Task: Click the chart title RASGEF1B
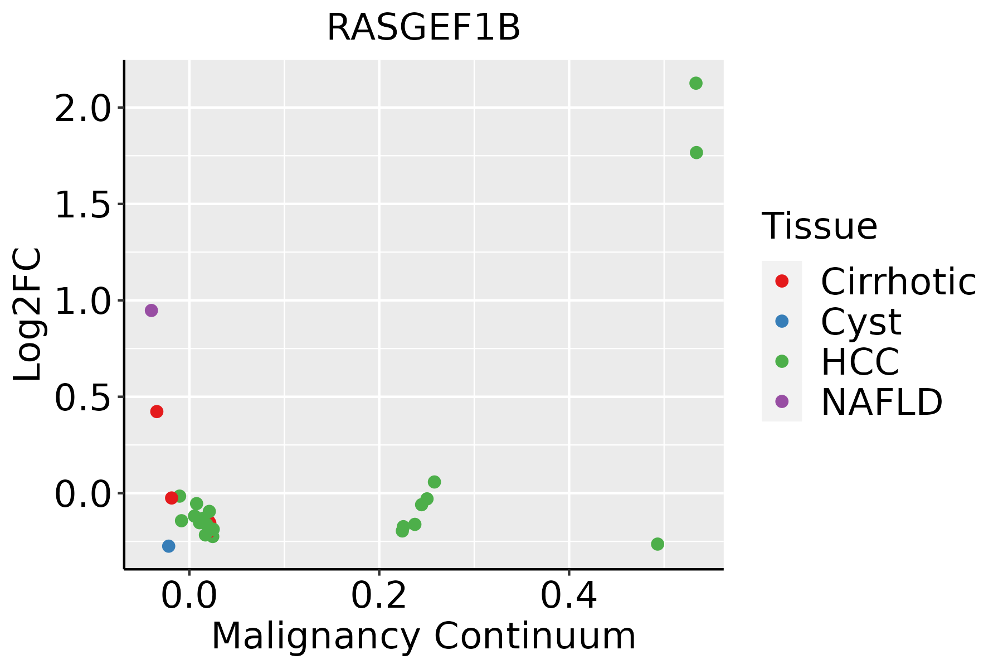pyautogui.click(x=423, y=28)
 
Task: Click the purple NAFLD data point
pyautogui.click(x=151, y=311)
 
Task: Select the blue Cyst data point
pyautogui.click(x=169, y=546)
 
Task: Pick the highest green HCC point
pyautogui.click(x=695, y=84)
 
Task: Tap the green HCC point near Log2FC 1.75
pyautogui.click(x=696, y=153)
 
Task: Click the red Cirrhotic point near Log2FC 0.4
pyautogui.click(x=157, y=411)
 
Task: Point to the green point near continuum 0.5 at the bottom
pyautogui.click(x=658, y=544)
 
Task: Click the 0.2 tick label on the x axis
pyautogui.click(x=379, y=596)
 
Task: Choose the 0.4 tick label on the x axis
pyautogui.click(x=569, y=596)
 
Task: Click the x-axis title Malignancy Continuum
pyautogui.click(x=423, y=636)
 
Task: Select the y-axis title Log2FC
pyautogui.click(x=28, y=314)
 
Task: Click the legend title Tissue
pyautogui.click(x=819, y=226)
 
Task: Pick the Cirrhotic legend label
pyautogui.click(x=898, y=282)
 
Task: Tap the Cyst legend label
pyautogui.click(x=861, y=322)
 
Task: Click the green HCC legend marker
pyautogui.click(x=782, y=361)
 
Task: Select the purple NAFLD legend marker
pyautogui.click(x=782, y=401)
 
